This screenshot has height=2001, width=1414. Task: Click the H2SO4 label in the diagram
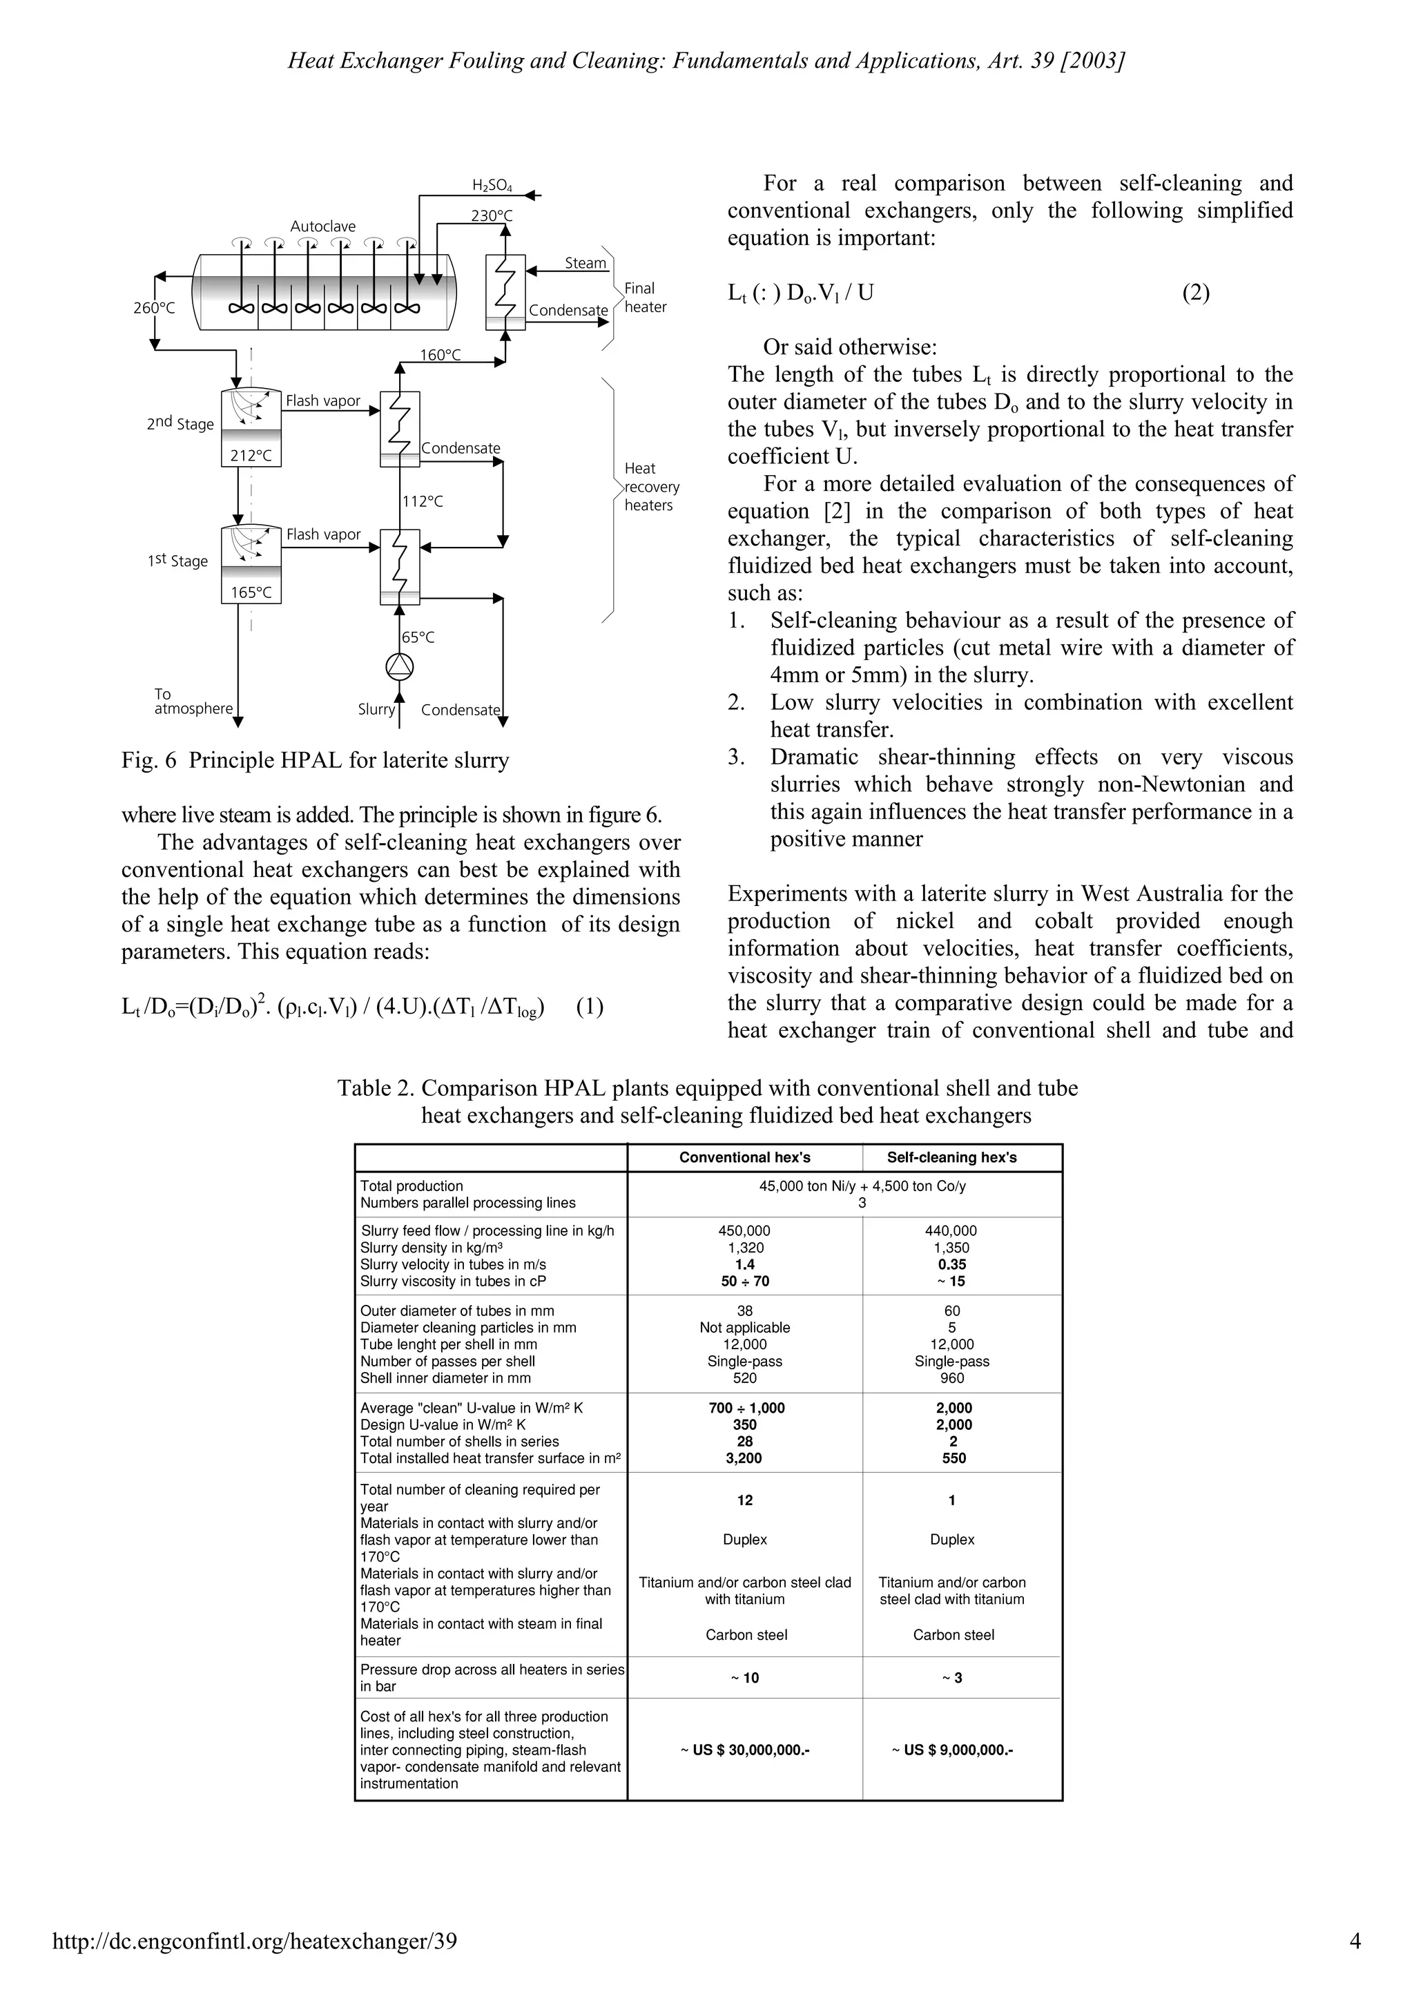click(x=492, y=185)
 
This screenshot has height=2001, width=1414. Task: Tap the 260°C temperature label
click(x=154, y=308)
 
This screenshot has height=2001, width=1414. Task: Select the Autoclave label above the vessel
click(x=322, y=226)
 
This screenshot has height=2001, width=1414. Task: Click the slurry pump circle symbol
click(x=399, y=668)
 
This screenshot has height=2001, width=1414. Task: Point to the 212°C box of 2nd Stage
click(x=251, y=455)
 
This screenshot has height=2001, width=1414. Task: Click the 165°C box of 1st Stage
click(x=251, y=592)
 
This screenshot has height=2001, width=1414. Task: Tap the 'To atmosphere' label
click(x=193, y=702)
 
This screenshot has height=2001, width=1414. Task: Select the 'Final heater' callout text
click(x=645, y=297)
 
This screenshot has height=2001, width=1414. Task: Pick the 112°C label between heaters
click(x=423, y=501)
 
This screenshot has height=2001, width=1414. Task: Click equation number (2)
click(x=1195, y=293)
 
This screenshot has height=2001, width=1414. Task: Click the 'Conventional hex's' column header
click(x=745, y=1157)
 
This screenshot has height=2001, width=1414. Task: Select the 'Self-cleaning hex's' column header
click(x=951, y=1157)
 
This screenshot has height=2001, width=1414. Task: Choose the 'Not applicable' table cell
click(x=745, y=1327)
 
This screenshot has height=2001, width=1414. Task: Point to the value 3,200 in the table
click(x=744, y=1458)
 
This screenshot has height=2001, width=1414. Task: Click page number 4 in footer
click(x=1354, y=1941)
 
